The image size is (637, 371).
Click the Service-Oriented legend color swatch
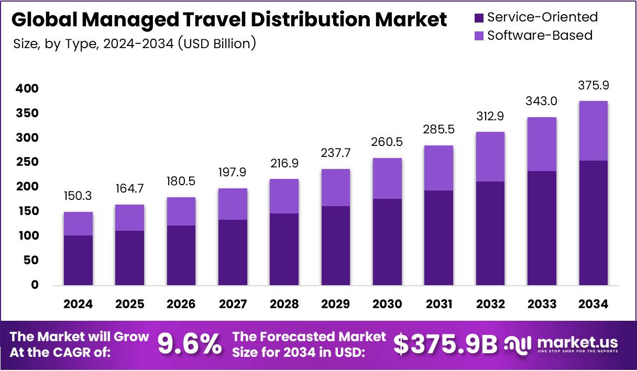coord(479,17)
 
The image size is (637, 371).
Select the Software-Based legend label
coord(540,35)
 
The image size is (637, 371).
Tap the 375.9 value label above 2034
coord(594,85)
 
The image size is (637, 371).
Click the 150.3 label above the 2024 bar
coord(78,196)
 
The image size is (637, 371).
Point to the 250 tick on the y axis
coord(27,162)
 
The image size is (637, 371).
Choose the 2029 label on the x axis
coord(336,304)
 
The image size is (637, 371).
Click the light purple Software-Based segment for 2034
coord(594,131)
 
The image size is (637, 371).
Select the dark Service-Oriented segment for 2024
coord(78,260)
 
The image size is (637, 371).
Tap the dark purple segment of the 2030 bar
coord(387,242)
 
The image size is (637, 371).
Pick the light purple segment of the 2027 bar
coord(233,204)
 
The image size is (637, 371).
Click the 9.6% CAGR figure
coord(190,345)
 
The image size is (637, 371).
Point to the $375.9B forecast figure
coord(445,345)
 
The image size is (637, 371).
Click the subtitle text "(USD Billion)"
coord(217,43)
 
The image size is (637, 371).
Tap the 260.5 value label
coord(387,142)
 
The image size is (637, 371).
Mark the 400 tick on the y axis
coord(27,89)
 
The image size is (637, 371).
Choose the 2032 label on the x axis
coord(490,304)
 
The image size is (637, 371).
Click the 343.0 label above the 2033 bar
coord(542,102)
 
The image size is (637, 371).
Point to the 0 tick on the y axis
coord(35,285)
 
